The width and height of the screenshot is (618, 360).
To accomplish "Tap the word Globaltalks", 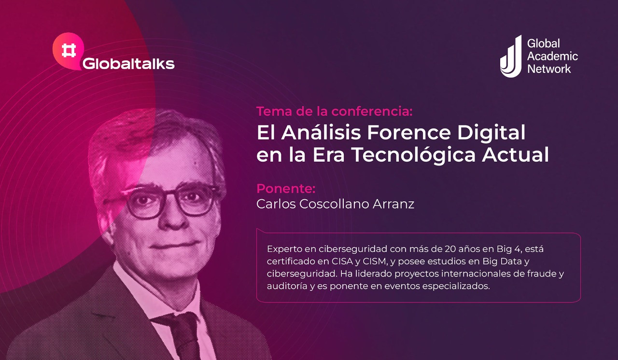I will [128, 64].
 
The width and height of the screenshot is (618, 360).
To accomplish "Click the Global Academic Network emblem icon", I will [511, 56].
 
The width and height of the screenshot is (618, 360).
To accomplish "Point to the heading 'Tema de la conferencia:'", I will [335, 111].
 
